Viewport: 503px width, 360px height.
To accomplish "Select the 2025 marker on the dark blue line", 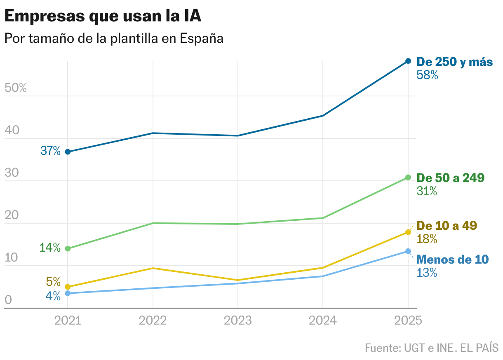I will point(408,61).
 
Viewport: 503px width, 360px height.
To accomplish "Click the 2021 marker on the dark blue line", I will point(68,152).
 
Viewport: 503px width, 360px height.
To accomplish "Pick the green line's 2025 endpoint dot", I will point(408,177).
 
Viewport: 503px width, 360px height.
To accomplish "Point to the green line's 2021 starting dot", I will point(68,248).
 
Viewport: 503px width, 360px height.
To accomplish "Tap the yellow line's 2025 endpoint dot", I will point(408,232).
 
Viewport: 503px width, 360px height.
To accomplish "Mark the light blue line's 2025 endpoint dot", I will point(408,251).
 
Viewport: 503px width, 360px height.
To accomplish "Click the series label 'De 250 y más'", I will point(455,62).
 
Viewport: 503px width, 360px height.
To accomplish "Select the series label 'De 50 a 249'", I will point(450,178).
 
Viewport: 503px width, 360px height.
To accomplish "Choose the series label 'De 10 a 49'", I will point(447,226).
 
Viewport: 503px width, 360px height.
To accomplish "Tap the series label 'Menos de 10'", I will point(452,259).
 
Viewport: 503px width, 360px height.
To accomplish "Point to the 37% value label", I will point(50,151).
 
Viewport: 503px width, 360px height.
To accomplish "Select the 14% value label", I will point(50,248).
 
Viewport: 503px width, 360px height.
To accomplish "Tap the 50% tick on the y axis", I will point(15,88).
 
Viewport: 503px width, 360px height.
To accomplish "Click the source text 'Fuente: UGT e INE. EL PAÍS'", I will point(432,348).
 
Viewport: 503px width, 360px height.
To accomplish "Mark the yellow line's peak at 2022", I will point(153,268).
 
